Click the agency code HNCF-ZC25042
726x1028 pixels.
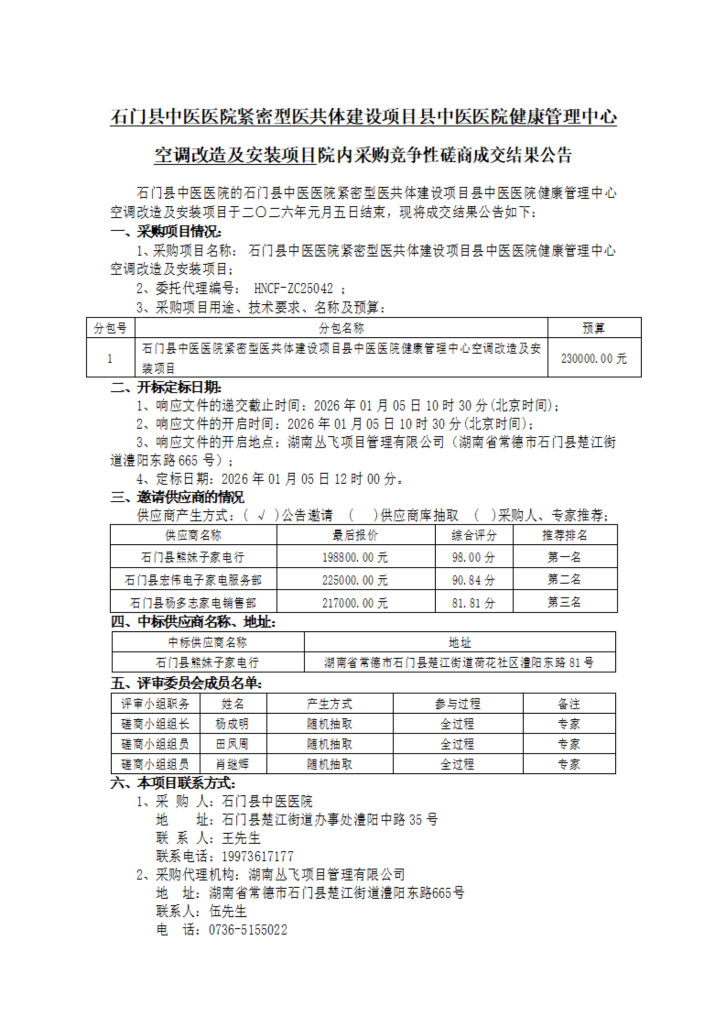(293, 288)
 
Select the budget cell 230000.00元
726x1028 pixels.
(594, 358)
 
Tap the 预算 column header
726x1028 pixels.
(594, 328)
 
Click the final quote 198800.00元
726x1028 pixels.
(355, 557)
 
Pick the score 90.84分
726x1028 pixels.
(473, 580)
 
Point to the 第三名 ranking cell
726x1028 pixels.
(564, 602)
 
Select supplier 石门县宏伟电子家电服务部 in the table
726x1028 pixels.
(193, 580)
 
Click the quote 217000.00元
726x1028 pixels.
(355, 602)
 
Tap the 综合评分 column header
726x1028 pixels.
(473, 535)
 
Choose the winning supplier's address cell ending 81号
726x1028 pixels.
(459, 662)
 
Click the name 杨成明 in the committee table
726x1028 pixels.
(232, 724)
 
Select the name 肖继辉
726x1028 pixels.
(232, 764)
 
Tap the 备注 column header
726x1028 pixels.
(569, 704)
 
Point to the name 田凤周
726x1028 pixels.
(232, 744)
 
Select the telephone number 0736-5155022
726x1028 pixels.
(248, 930)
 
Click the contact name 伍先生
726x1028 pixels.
(228, 911)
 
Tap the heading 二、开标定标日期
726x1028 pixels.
(166, 388)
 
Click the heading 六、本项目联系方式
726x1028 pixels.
(173, 783)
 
